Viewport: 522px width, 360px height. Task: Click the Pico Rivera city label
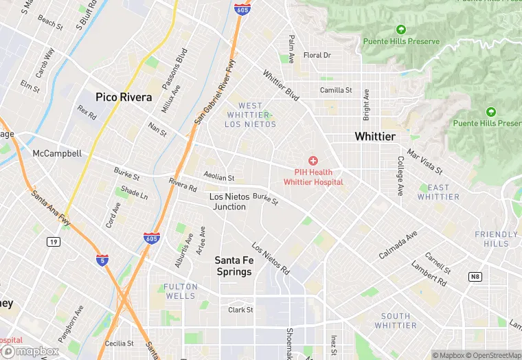pyautogui.click(x=124, y=98)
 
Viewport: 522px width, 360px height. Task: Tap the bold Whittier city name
pyautogui.click(x=375, y=137)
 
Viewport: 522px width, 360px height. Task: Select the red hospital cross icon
pyautogui.click(x=313, y=160)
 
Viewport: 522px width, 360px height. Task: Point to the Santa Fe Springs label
pyautogui.click(x=233, y=266)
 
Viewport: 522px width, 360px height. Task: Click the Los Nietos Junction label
pyautogui.click(x=227, y=201)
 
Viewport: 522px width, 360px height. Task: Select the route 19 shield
pyautogui.click(x=53, y=242)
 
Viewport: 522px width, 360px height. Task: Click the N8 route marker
pyautogui.click(x=475, y=276)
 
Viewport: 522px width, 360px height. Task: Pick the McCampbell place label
pyautogui.click(x=57, y=153)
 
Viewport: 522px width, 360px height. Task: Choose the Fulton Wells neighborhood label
pyautogui.click(x=180, y=291)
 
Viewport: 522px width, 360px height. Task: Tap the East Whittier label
pyautogui.click(x=438, y=192)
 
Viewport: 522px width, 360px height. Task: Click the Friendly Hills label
pyautogui.click(x=497, y=239)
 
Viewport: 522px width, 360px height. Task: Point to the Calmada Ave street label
pyautogui.click(x=398, y=245)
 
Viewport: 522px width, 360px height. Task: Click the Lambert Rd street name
pyautogui.click(x=429, y=273)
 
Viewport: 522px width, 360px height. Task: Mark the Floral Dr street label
pyautogui.click(x=317, y=55)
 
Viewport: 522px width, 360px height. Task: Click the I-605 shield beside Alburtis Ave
pyautogui.click(x=152, y=238)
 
